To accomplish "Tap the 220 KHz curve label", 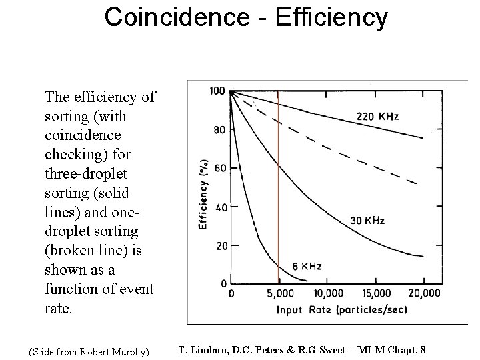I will click(378, 117).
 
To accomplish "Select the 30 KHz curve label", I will click(367, 220).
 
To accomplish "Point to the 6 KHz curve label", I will click(307, 266).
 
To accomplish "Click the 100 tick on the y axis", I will click(217, 91).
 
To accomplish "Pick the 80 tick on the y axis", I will click(219, 129).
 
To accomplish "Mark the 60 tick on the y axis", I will click(219, 167).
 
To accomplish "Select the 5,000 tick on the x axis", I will click(279, 294).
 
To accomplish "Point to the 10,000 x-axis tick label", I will click(327, 294).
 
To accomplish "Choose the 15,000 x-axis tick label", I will click(377, 294).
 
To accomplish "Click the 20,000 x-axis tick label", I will click(424, 294).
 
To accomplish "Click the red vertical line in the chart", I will click(278, 200).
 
